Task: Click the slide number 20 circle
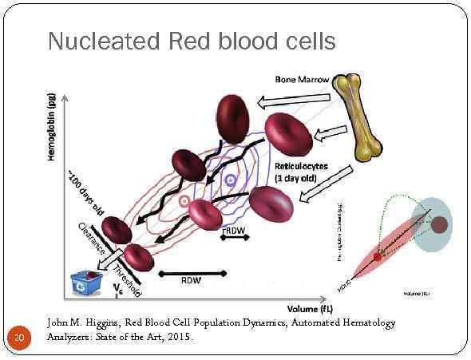20,338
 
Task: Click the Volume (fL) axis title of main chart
312,307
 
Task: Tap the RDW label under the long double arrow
191,281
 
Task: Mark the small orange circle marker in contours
184,200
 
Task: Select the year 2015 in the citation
177,337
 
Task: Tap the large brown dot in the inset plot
438,225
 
